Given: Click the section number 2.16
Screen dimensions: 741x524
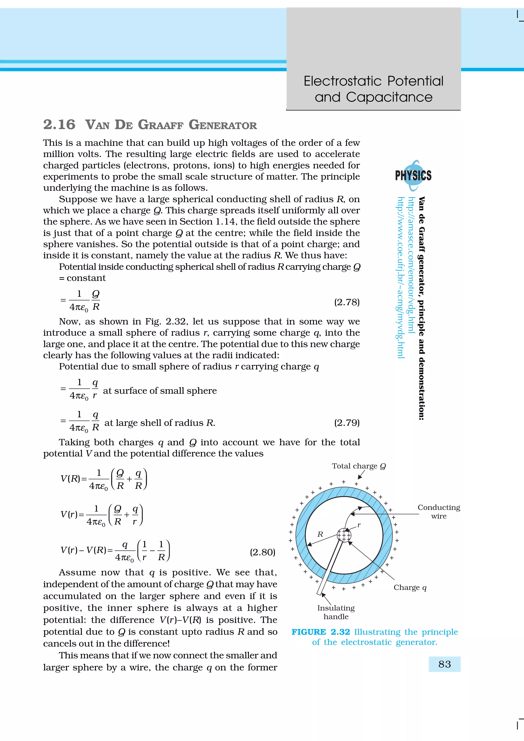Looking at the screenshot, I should tap(59, 125).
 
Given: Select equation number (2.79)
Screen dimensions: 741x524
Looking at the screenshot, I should tap(347, 423).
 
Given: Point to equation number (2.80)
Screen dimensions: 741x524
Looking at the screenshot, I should tap(263, 552).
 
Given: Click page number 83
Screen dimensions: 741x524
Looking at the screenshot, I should tap(445, 664).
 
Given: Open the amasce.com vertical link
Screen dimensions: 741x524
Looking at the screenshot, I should tap(411, 265).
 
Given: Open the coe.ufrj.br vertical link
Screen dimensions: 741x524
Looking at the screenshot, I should tap(400, 277).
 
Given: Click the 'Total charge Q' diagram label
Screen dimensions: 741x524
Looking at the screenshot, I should tap(359, 466).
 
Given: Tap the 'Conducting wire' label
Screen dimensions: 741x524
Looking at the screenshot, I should tap(439, 512).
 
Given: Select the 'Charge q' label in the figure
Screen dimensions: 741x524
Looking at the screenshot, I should tap(410, 588).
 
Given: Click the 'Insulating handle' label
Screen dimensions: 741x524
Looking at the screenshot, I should tap(336, 612).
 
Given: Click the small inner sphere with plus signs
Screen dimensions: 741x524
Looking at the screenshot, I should tap(344, 536).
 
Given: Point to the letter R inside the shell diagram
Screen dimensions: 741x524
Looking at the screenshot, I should tap(320, 534).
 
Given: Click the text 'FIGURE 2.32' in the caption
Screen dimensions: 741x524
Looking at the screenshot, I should tap(321, 632).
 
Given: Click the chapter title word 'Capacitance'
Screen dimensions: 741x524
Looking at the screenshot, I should tap(389, 97).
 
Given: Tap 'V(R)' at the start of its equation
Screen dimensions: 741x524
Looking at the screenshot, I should tap(70, 479).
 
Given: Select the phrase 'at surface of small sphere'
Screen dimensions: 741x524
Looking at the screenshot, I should tap(160, 391).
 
